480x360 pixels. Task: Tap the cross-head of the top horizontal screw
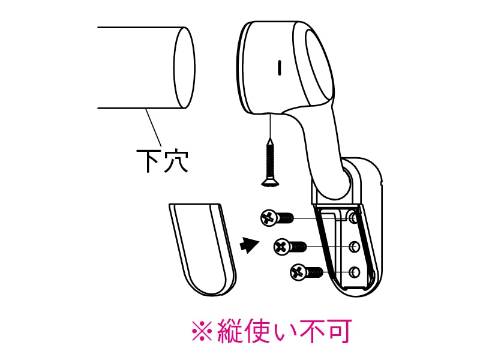pos(268,217)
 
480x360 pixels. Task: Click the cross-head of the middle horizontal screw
pos(281,246)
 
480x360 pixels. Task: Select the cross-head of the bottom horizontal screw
pos(298,273)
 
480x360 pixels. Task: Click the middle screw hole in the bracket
pos(354,246)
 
